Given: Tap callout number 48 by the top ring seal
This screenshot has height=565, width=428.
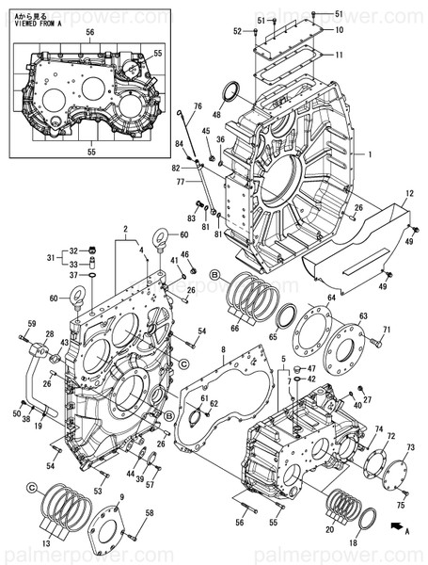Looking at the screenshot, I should click(x=216, y=115).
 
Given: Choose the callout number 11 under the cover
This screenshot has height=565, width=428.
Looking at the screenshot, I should click(x=339, y=55).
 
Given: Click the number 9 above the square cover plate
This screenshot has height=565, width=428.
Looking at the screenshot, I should click(x=120, y=497).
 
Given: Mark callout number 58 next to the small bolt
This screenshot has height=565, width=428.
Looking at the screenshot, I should click(x=149, y=513).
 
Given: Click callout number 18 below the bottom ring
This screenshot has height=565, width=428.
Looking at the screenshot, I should click(x=354, y=544).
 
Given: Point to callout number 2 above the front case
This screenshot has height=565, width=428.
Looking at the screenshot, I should click(x=125, y=229).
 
